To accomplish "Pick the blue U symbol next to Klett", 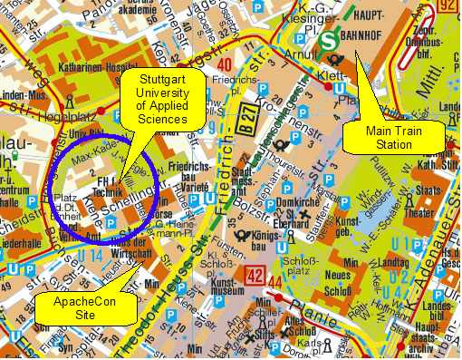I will pyautogui.click(x=338, y=89).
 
